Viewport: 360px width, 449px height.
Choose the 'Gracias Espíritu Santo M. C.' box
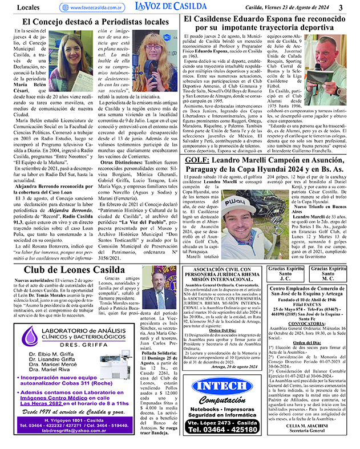(x=329, y=273)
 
